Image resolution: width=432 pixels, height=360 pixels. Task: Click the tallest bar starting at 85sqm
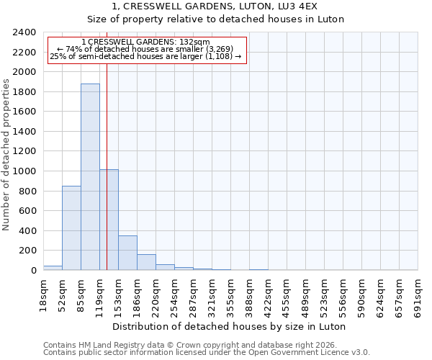coord(90,176)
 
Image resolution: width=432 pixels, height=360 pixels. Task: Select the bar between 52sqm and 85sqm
coord(71,228)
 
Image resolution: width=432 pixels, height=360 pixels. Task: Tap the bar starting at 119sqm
coord(109,220)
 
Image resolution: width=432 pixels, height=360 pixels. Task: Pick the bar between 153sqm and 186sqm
coord(127,253)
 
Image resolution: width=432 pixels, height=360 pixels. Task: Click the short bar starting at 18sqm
coord(53,268)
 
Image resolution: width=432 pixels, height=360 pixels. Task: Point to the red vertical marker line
coord(107,144)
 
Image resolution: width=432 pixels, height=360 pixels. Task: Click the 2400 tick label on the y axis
coord(24,32)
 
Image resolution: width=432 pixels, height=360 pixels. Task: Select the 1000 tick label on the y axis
coord(24,171)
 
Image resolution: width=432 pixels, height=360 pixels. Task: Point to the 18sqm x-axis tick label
coord(44,294)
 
